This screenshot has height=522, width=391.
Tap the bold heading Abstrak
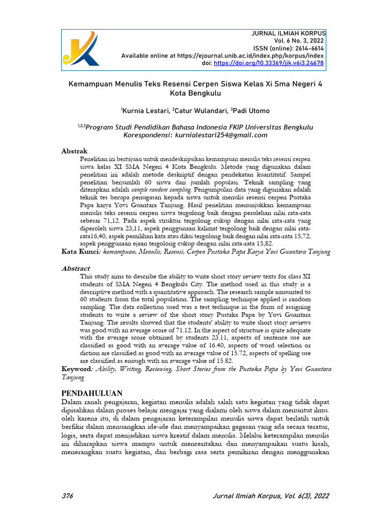74,151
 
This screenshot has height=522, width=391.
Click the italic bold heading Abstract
76,268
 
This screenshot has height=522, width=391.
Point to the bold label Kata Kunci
79,251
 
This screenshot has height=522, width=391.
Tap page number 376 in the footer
67,495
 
